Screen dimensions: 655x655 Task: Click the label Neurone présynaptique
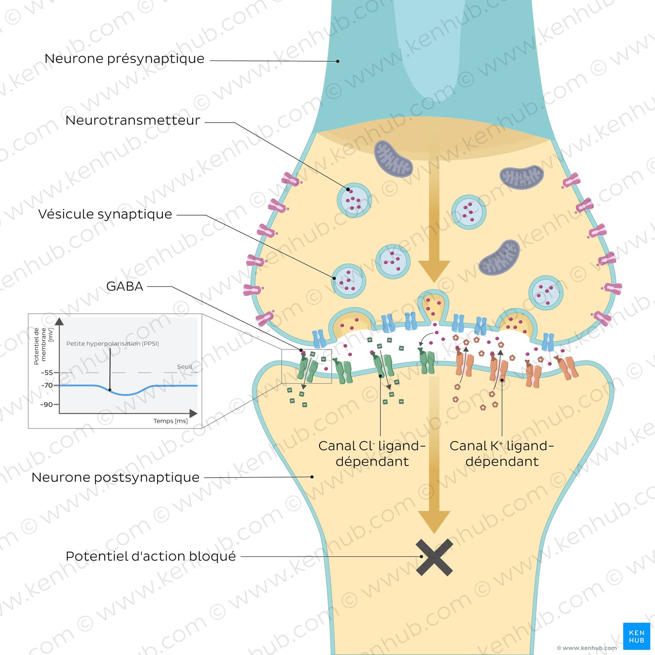point(124,59)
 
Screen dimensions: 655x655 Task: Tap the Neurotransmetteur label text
point(132,120)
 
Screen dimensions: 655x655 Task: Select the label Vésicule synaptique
point(105,214)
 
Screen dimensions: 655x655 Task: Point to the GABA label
point(125,286)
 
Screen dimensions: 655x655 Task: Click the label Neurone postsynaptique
point(115,477)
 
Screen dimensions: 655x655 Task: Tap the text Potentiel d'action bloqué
point(151,556)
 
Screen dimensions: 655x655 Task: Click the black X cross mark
point(434,557)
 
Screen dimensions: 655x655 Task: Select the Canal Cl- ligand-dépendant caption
point(372,453)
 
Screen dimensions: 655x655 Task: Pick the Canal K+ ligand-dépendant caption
point(502,453)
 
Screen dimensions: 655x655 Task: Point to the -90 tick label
point(47,405)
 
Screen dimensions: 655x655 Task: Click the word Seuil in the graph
point(184,366)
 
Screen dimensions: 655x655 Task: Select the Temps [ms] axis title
point(171,421)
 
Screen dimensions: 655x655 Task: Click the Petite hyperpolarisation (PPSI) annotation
point(112,344)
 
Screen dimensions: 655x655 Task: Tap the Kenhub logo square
point(636,636)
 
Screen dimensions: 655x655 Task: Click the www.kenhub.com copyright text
point(587,648)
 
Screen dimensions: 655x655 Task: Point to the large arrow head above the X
point(434,522)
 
